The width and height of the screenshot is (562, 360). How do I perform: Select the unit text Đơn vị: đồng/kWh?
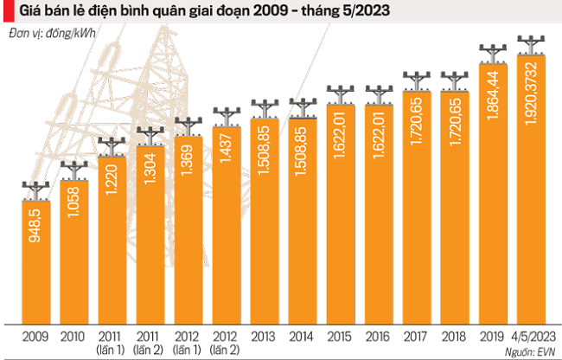(53, 34)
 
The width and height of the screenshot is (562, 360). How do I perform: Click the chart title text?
(204, 13)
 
